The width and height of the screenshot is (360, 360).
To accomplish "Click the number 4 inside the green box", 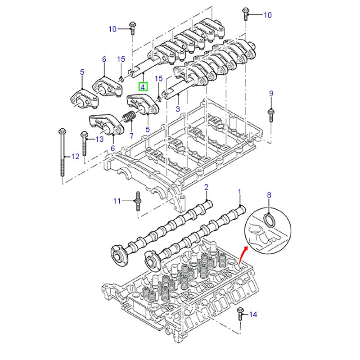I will click(143, 86).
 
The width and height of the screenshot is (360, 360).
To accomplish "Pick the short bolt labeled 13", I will click(84, 144).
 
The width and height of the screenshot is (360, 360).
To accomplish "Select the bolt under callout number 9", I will click(271, 115).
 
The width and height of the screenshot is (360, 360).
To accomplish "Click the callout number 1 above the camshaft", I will click(240, 192).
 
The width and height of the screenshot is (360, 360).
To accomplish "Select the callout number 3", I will click(177, 109).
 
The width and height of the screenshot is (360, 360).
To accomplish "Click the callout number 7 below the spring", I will click(131, 135).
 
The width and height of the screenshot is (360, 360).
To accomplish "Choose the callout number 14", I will click(253, 315).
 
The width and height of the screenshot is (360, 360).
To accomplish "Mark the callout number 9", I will click(271, 93).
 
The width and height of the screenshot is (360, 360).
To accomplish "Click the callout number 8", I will click(269, 195).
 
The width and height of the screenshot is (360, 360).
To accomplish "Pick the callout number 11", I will click(117, 201).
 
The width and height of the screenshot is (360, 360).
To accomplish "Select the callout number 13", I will click(99, 139).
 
